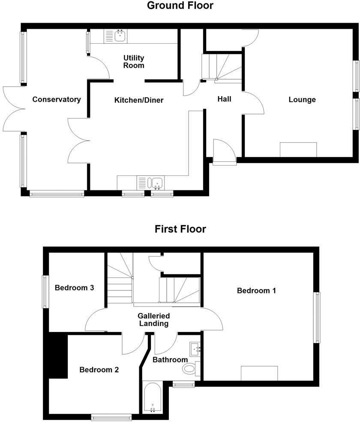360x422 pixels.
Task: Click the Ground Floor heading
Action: tap(180, 6)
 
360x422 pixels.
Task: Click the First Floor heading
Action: tap(180, 229)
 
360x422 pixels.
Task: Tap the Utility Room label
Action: tap(134, 62)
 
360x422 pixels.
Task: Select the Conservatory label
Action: tap(57, 99)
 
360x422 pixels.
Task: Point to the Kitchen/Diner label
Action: tap(139, 100)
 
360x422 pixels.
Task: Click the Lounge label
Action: tap(302, 99)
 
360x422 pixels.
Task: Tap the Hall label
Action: tap(224, 99)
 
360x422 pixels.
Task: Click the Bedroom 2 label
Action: tap(99, 370)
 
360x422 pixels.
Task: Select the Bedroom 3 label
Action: tap(74, 288)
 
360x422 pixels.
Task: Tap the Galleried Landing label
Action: tap(153, 320)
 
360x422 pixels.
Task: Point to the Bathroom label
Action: tap(170, 360)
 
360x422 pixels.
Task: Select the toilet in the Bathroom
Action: tap(190, 368)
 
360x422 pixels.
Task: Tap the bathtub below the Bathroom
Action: tap(152, 397)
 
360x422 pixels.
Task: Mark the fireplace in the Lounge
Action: tap(298, 150)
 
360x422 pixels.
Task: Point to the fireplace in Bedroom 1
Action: tap(259, 373)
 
